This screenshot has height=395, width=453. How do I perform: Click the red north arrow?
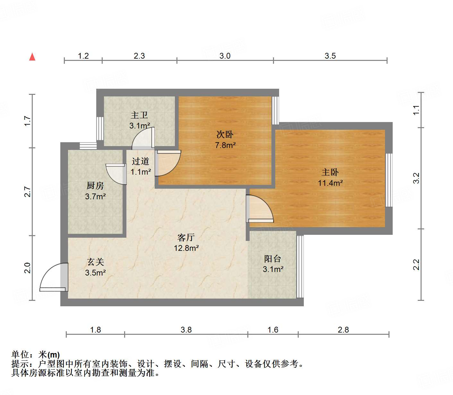[x=32, y=57]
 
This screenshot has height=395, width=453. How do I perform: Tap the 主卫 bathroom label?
[x=139, y=115]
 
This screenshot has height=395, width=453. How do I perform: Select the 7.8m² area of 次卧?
[x=225, y=145]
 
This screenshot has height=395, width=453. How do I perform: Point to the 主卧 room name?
[x=330, y=172]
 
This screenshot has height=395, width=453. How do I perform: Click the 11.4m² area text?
[x=330, y=183]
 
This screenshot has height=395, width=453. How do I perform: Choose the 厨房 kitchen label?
[x=95, y=185]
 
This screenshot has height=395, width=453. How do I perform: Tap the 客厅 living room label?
[x=186, y=237]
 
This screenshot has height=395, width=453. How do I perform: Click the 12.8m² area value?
[x=186, y=248]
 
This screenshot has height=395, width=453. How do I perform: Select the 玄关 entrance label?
[x=96, y=262]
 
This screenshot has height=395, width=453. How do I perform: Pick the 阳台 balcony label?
[x=273, y=259]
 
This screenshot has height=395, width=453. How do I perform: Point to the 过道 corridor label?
[x=141, y=161]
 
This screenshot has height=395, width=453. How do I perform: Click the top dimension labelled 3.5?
[x=330, y=56]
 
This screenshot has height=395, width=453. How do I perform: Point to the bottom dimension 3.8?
[x=186, y=330]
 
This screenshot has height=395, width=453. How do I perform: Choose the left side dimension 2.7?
[x=28, y=192]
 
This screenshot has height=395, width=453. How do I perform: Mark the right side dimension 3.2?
[x=416, y=178]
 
